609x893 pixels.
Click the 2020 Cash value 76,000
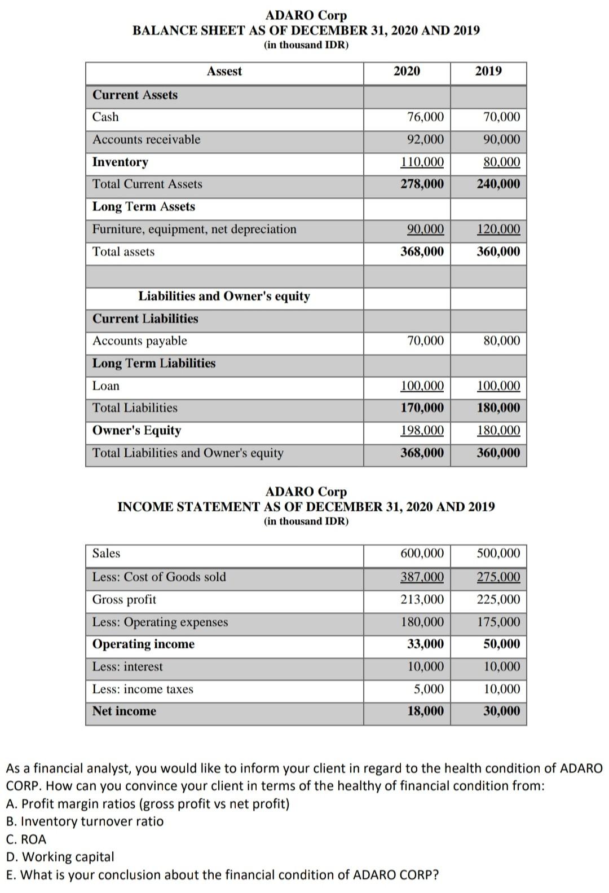point(425,117)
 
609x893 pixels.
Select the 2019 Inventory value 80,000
point(502,162)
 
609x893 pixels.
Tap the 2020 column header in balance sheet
point(407,71)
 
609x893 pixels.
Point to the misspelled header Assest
point(224,71)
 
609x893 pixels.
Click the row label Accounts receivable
point(146,139)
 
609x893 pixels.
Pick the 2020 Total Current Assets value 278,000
point(422,184)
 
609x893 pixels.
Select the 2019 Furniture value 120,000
point(498,229)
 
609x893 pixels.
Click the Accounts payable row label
point(139,341)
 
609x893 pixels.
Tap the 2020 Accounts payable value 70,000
point(425,341)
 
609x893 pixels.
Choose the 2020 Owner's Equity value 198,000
point(422,431)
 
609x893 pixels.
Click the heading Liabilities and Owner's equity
point(224,297)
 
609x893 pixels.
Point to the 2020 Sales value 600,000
point(422,554)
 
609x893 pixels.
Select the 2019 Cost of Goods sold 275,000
point(498,577)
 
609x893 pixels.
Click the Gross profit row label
point(124,600)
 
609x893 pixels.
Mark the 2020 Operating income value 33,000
point(425,644)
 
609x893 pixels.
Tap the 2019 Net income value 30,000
point(502,711)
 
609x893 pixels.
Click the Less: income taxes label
point(143,689)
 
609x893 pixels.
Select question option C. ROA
point(26,839)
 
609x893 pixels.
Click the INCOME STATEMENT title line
point(306,507)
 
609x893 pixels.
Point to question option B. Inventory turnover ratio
point(85,821)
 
